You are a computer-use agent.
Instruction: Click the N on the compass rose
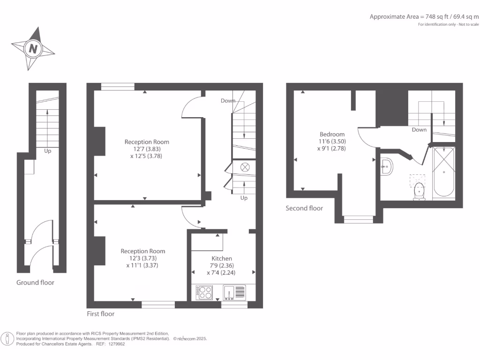point(33,48)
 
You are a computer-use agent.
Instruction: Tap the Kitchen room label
point(222,258)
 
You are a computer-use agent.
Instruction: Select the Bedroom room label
point(332,134)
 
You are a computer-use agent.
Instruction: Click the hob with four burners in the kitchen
point(204,292)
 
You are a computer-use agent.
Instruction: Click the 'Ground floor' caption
point(35,282)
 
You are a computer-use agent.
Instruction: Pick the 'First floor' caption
point(100,314)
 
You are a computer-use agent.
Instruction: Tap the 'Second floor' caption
point(304,208)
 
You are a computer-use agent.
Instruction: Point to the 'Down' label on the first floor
point(228,101)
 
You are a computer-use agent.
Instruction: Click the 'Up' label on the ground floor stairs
point(48,151)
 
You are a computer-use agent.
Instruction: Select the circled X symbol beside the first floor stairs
point(244,167)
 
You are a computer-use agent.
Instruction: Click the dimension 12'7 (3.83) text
point(147,149)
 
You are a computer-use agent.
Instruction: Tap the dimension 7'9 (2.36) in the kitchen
point(222,266)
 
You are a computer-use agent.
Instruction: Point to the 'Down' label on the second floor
point(419,130)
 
